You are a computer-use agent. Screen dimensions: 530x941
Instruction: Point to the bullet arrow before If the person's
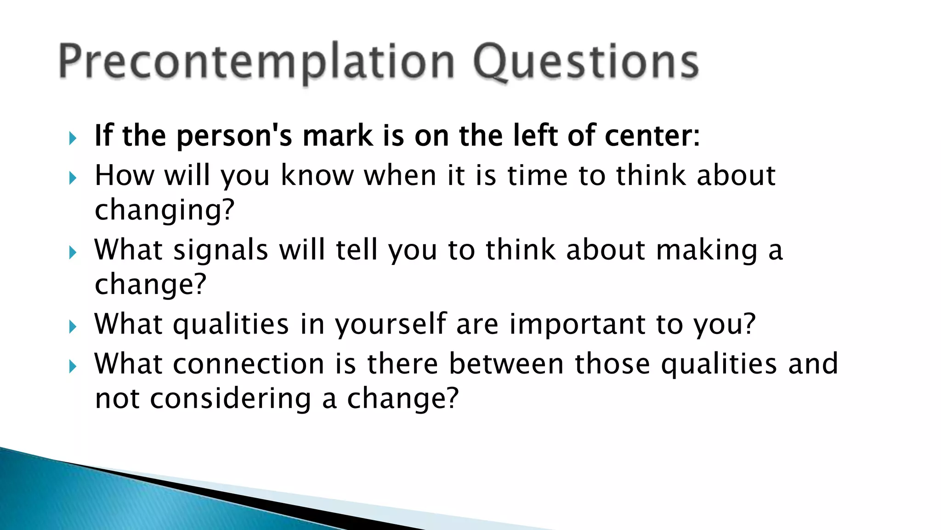pyautogui.click(x=73, y=138)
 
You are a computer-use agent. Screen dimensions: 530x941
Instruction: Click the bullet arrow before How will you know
pyautogui.click(x=73, y=178)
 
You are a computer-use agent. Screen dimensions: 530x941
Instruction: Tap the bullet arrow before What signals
pyautogui.click(x=73, y=252)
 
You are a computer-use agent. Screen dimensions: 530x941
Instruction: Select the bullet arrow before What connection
pyautogui.click(x=73, y=366)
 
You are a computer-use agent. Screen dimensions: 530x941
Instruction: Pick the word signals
pyautogui.click(x=221, y=250)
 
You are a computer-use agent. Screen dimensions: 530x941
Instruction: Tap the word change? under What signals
pyautogui.click(x=150, y=284)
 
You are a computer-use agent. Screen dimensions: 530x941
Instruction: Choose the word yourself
pyautogui.click(x=391, y=324)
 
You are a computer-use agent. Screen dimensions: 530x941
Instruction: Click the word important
pyautogui.click(x=577, y=324)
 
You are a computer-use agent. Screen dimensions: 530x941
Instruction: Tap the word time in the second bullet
pyautogui.click(x=538, y=176)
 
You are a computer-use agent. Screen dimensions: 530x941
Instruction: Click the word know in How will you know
pyautogui.click(x=317, y=176)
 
